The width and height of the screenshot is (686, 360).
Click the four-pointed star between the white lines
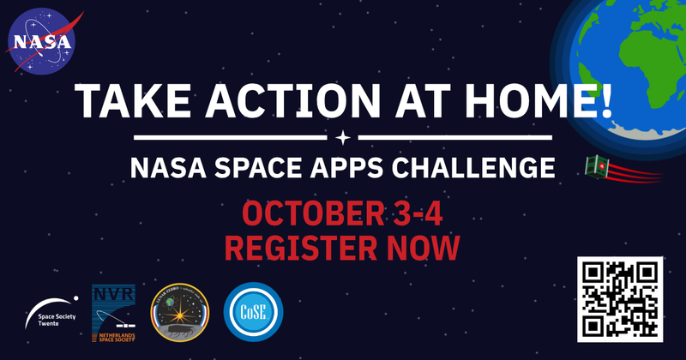point(342,136)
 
